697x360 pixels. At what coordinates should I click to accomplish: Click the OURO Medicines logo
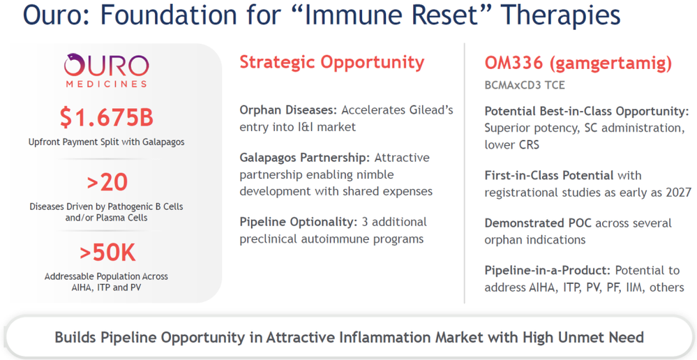106,70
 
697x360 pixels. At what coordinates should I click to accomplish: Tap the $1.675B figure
107,117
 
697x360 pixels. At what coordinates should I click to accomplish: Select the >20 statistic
107,182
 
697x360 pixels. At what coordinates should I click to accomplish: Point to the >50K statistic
107,253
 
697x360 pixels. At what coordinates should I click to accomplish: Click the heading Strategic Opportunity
331,63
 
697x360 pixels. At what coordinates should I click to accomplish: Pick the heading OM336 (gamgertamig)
578,63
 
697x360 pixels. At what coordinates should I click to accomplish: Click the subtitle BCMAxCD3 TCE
525,85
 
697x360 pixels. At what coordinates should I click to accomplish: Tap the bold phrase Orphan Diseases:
288,110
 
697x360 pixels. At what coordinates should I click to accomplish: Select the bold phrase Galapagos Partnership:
304,158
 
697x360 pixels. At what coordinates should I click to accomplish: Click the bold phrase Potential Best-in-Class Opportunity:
587,111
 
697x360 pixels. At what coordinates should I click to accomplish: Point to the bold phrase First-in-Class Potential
549,175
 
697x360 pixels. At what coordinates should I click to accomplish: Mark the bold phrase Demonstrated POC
538,223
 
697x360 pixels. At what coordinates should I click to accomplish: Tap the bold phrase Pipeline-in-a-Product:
548,270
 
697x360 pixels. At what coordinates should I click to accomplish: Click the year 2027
678,193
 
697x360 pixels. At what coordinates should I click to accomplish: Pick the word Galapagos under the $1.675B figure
163,142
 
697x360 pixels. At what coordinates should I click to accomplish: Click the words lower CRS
511,145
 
